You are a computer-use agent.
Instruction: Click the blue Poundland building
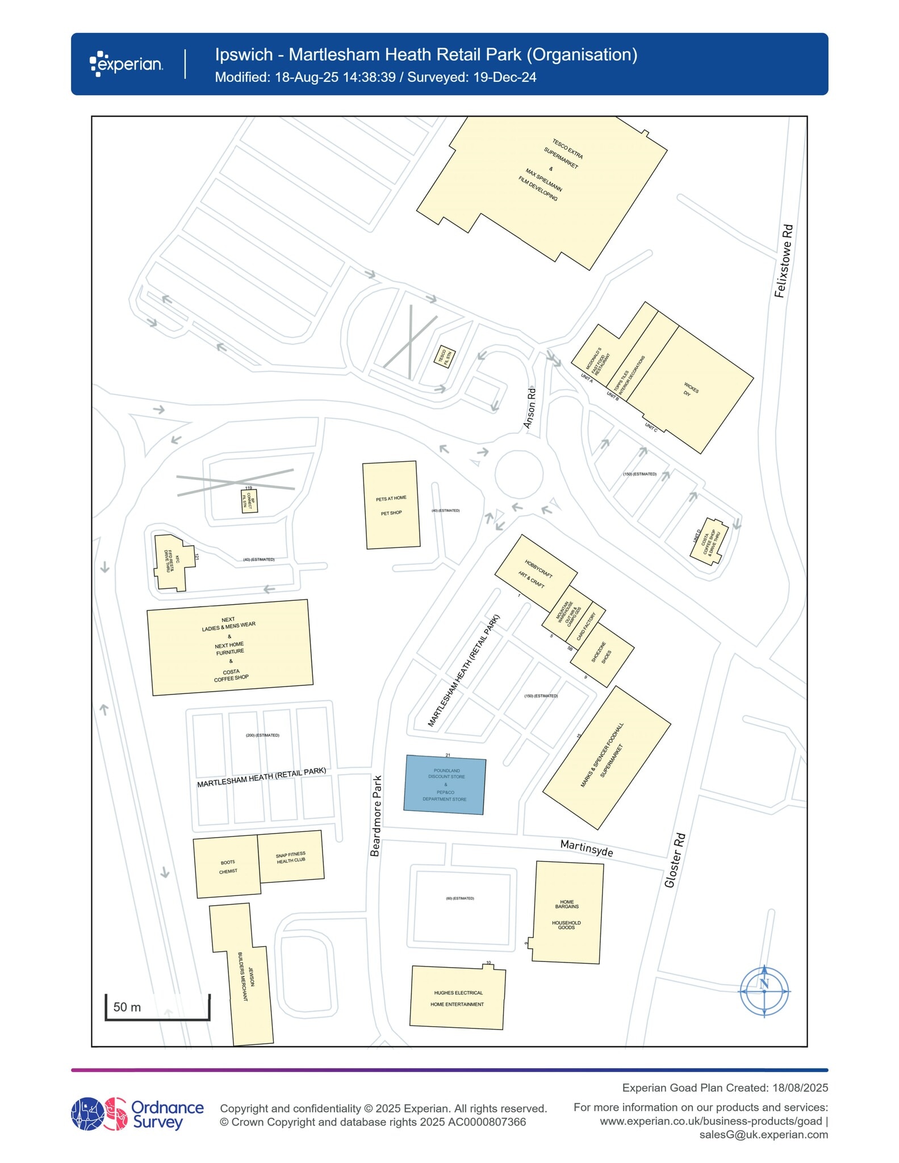click(x=445, y=785)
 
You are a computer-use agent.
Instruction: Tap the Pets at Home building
click(x=391, y=505)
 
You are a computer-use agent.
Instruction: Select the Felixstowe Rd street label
click(x=784, y=261)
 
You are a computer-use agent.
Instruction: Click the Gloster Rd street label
click(x=675, y=860)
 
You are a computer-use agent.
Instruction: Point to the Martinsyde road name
click(x=587, y=848)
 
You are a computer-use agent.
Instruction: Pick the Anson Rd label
click(x=529, y=408)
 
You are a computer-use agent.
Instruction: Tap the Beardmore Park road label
click(x=375, y=815)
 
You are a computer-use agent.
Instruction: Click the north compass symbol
click(x=764, y=991)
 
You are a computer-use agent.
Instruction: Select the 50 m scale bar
click(x=157, y=1008)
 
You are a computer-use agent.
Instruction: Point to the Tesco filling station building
click(x=445, y=357)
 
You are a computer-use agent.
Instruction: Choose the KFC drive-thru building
click(x=170, y=562)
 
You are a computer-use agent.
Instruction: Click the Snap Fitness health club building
click(x=291, y=857)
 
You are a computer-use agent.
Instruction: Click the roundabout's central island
click(x=519, y=474)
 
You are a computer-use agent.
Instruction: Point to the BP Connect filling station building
click(x=249, y=501)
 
